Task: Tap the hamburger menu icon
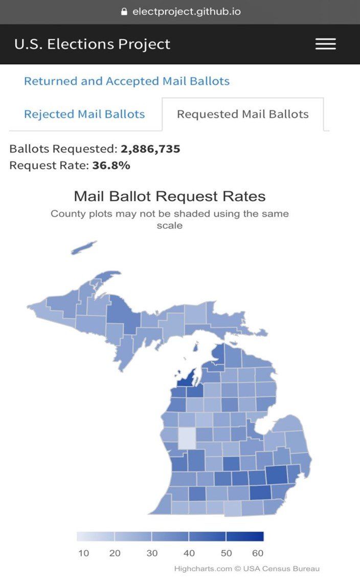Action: point(325,44)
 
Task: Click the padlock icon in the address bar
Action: point(124,11)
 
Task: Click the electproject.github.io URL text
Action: point(186,11)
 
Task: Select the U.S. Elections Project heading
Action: point(92,44)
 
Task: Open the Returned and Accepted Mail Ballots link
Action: point(127,81)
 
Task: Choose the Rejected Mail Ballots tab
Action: point(84,114)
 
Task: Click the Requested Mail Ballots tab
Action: point(242,114)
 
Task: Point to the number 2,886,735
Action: point(150,149)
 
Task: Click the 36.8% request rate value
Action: point(111,165)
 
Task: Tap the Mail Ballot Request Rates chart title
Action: point(170,196)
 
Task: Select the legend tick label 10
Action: point(84,553)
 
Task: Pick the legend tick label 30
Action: point(152,553)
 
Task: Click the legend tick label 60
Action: point(258,553)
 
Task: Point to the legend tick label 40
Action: point(189,553)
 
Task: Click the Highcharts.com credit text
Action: point(203,569)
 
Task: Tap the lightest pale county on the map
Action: point(186,437)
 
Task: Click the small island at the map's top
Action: point(83,248)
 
